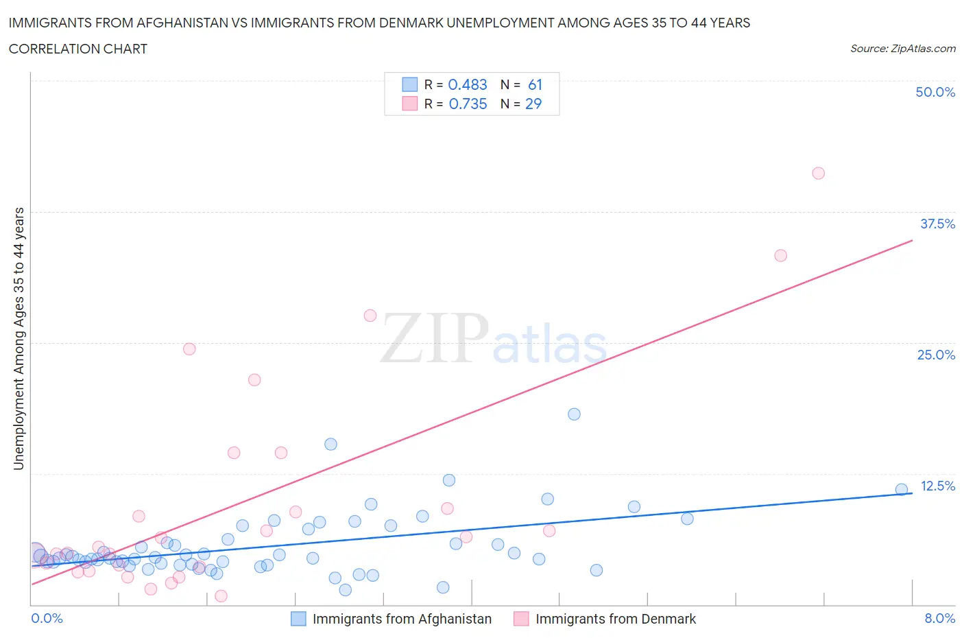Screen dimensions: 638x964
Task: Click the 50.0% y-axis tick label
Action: (935, 92)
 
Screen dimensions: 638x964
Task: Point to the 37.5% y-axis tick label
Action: (937, 224)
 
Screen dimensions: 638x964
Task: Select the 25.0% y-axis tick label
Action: (936, 355)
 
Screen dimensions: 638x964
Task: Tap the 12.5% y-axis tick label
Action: (937, 486)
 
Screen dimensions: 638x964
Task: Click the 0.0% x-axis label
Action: (47, 618)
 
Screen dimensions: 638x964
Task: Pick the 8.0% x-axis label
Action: (939, 618)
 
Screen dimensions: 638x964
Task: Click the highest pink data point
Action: (818, 173)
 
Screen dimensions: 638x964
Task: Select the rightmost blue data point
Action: (902, 489)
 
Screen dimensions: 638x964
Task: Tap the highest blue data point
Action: (574, 414)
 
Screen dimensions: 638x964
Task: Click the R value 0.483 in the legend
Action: (467, 84)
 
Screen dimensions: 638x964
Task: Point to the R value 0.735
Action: (468, 104)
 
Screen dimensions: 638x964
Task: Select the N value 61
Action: (535, 84)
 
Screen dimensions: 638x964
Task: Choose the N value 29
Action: (533, 104)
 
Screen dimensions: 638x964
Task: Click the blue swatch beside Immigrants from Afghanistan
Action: (298, 619)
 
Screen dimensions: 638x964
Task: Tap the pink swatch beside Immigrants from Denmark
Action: (521, 619)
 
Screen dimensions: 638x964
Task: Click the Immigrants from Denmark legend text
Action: (615, 619)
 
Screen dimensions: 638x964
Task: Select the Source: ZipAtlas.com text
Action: (902, 49)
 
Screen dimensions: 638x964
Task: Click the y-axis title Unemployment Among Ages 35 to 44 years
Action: (19, 338)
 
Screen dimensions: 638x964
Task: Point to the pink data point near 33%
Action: (780, 255)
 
